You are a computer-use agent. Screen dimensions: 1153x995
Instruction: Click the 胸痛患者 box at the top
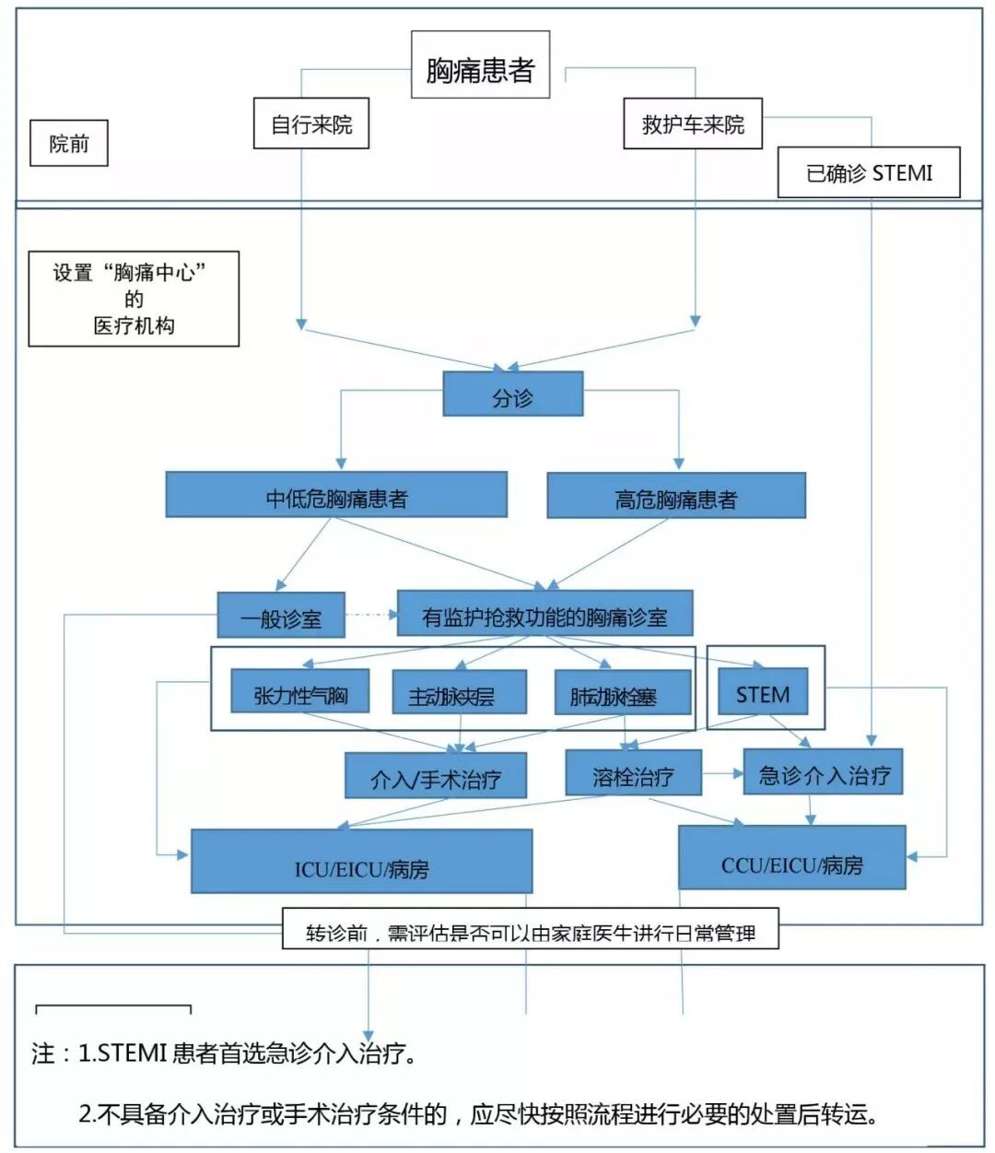[x=480, y=65]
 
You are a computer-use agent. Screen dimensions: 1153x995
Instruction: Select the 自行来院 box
[x=311, y=124]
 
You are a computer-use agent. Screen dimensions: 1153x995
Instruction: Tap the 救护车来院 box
[x=693, y=124]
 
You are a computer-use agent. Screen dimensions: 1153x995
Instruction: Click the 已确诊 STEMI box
[x=869, y=172]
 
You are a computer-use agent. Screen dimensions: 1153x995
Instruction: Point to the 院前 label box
[x=69, y=143]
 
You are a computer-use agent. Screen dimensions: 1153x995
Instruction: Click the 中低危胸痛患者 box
[x=336, y=495]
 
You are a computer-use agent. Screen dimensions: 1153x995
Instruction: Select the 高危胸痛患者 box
[x=676, y=497]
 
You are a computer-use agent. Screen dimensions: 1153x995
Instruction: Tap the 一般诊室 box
[x=281, y=616]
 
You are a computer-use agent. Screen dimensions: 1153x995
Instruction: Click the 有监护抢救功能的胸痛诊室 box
[x=544, y=614]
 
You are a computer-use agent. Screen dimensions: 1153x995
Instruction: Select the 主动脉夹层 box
[x=459, y=693]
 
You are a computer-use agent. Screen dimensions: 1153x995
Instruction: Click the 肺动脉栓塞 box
[x=622, y=694]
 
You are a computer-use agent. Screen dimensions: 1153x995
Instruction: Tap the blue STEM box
[x=763, y=692]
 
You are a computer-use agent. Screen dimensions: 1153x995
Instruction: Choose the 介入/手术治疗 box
[x=436, y=776]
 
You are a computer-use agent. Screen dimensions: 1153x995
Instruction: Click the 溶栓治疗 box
[x=633, y=773]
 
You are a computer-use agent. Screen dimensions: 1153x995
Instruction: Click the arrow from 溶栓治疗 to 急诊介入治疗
[x=723, y=774]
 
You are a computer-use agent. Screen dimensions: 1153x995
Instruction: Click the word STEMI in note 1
[x=132, y=1053]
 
